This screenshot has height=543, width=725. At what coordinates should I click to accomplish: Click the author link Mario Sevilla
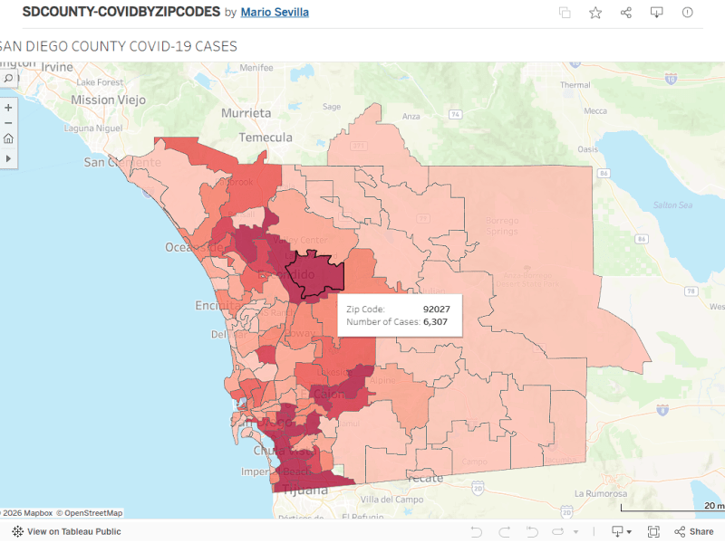point(275,13)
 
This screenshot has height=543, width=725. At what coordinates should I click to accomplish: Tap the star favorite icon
point(595,13)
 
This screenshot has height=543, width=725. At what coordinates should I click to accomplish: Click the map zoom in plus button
point(8,108)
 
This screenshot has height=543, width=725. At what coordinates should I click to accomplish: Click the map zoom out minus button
point(8,123)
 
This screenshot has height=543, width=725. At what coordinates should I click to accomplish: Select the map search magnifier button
point(8,79)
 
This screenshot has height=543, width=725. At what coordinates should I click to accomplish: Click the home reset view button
point(8,138)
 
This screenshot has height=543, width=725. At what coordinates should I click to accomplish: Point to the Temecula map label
point(266,138)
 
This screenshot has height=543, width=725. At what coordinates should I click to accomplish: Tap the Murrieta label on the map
point(246,113)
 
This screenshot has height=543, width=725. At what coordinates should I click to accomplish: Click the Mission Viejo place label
point(106,100)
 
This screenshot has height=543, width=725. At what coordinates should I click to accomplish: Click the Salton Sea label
point(672,205)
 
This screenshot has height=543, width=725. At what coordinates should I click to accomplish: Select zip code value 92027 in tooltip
point(437,309)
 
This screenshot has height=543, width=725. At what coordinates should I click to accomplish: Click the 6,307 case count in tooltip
point(437,322)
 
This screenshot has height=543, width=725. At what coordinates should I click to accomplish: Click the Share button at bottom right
point(693,531)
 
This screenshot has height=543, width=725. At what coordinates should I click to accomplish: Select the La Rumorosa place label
point(599,494)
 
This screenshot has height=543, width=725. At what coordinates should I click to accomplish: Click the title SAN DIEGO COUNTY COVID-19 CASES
point(118,46)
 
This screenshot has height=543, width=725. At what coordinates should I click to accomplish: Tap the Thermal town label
point(575,85)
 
